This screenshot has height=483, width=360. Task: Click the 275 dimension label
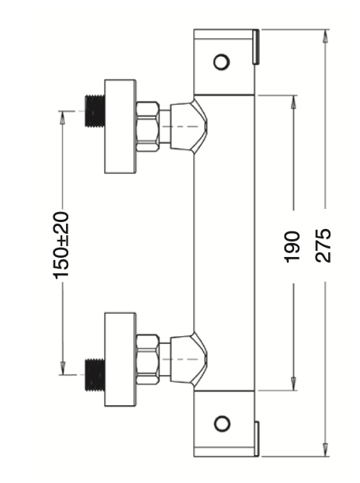[x=323, y=245]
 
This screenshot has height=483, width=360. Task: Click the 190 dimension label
[x=292, y=247]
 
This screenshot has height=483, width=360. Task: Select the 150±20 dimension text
[x=61, y=245]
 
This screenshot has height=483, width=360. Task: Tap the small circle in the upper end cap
[x=221, y=62]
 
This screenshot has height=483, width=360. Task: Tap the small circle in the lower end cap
[x=222, y=423]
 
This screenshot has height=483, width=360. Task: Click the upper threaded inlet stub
[x=95, y=111]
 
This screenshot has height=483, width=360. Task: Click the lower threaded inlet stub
[x=95, y=375]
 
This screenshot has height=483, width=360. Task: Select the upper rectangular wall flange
[x=120, y=127]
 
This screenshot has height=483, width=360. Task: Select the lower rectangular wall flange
[x=120, y=360]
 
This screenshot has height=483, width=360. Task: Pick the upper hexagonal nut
[x=147, y=127]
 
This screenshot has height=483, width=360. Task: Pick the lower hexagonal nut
[x=147, y=360]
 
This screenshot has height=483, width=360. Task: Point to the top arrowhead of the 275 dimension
[x=325, y=36]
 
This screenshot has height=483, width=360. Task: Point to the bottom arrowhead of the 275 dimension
[x=325, y=450]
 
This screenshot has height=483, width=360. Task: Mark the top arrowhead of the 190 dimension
[x=293, y=103]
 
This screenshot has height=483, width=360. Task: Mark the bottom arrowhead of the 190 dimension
[x=293, y=384]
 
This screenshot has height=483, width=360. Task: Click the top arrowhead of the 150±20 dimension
[x=63, y=118]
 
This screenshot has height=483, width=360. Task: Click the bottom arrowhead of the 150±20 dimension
[x=63, y=368]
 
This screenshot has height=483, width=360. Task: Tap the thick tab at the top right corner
[x=256, y=47]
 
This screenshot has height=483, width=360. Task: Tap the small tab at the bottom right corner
[x=256, y=439]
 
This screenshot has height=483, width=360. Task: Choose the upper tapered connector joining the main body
[x=189, y=127]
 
